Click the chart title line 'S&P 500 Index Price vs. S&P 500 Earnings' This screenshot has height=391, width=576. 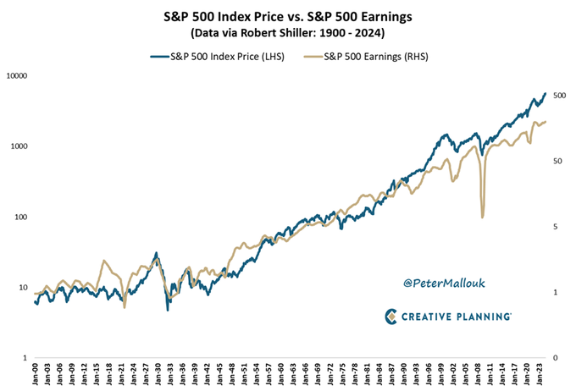289,14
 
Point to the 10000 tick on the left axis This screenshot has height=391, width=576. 17,76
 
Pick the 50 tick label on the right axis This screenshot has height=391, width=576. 557,161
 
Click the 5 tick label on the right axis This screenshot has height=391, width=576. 554,227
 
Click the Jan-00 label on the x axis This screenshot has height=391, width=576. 35,372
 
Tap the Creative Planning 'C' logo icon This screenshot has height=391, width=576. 391,317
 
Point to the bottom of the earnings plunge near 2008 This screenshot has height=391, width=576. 482,218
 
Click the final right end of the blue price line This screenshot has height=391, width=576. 545,93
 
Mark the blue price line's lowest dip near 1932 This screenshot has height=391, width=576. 167,310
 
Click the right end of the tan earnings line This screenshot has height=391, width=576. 546,122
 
